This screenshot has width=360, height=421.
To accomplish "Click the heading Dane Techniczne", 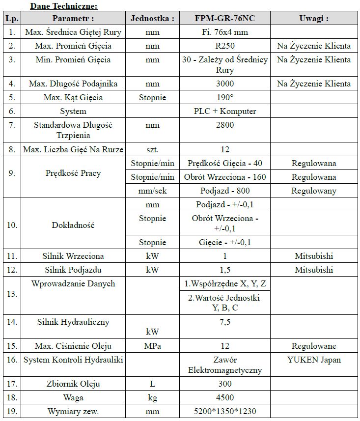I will tap(63, 6).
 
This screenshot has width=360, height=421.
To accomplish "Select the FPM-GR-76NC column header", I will tap(225, 19).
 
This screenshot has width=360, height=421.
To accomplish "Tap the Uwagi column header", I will tap(314, 19).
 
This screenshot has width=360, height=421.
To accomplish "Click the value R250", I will tap(225, 46).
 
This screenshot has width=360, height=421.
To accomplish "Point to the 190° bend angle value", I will tap(225, 97).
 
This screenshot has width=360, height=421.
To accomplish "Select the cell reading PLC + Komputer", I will tap(225, 111).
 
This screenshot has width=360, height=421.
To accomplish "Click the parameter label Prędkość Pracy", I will tap(73, 173).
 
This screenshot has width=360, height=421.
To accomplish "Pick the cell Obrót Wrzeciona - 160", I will tap(225, 177).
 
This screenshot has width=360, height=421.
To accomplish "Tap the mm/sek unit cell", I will tap(153, 191).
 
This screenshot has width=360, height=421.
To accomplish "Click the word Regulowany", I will tap(314, 191).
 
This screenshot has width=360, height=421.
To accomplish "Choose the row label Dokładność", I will tap(73, 225).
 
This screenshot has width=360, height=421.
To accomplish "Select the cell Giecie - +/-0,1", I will tap(225, 242).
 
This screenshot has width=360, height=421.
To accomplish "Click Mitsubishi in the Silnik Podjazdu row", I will tap(314, 270).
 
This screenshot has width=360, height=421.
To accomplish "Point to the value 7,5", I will tap(225, 322).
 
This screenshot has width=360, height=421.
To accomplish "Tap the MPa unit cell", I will tap(153, 346).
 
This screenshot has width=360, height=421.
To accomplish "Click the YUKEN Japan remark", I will tap(314, 360).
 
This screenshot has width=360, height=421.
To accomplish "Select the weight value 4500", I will tap(225, 397).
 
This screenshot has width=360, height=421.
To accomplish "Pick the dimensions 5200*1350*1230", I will tap(225, 411).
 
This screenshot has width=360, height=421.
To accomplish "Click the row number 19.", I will tap(12, 411).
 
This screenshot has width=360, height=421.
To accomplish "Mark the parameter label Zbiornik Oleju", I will tap(73, 384).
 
